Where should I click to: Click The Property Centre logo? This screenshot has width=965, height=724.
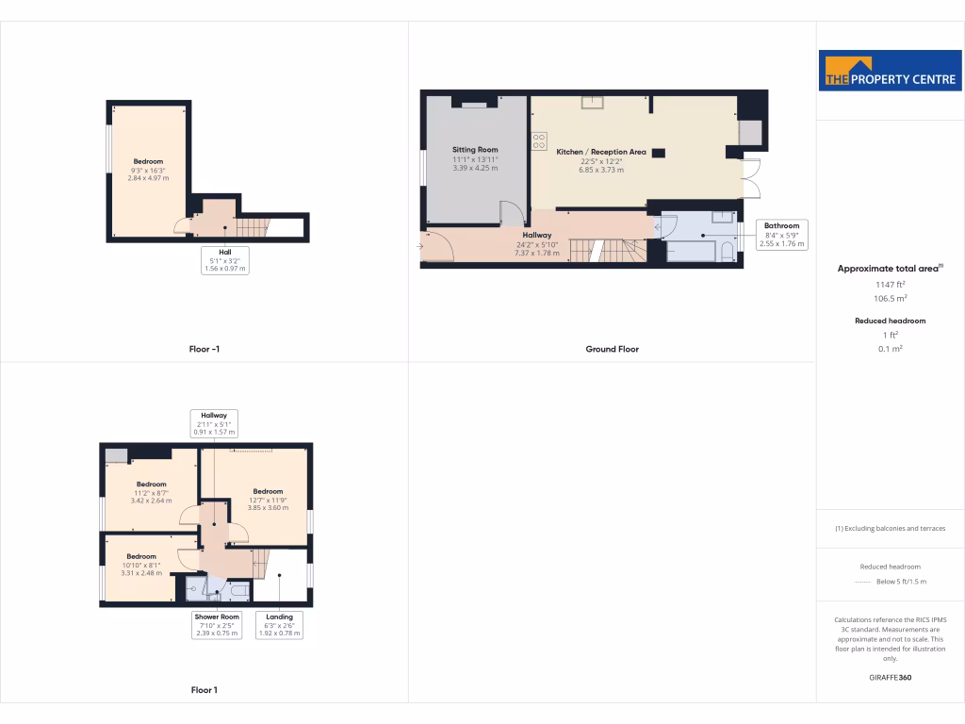click(890, 71)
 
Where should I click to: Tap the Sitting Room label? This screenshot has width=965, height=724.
click(475, 150)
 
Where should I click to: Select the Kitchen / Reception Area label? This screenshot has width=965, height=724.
click(601, 152)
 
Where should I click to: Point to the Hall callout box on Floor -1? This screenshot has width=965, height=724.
click(225, 260)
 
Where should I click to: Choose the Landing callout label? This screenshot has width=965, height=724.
click(279, 625)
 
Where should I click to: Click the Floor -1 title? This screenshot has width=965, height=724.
click(204, 349)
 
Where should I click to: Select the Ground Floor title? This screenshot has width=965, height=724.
click(612, 349)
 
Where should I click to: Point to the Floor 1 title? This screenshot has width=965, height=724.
click(204, 690)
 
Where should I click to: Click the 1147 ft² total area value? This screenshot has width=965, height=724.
click(890, 284)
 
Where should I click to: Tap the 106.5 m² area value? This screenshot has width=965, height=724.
click(890, 298)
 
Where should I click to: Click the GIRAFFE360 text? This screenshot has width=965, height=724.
click(890, 677)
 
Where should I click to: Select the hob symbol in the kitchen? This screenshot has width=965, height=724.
click(540, 140)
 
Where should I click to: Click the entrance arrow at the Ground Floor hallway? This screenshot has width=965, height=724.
click(418, 247)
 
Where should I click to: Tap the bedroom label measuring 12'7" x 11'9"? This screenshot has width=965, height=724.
click(268, 491)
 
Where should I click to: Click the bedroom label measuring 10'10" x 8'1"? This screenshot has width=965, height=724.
click(141, 556)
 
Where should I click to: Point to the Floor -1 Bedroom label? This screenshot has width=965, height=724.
click(147, 161)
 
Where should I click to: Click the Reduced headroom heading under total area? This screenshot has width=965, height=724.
click(890, 321)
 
